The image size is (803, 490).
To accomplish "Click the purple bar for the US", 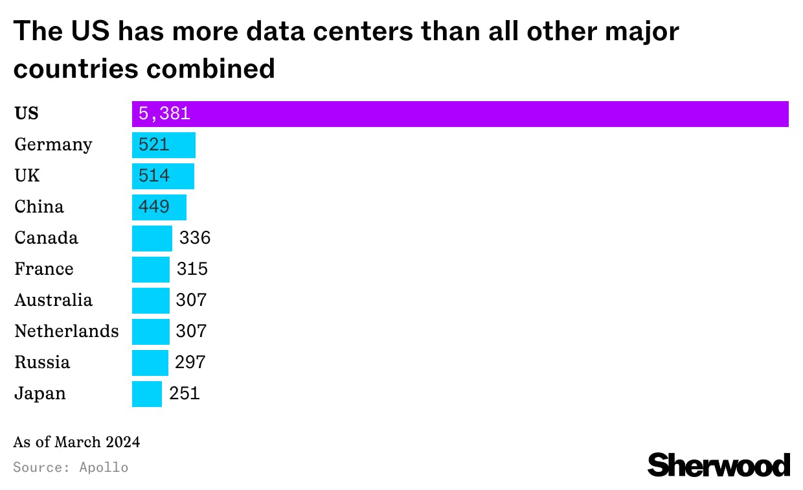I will click(460, 114).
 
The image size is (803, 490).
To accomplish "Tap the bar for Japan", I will click(147, 394).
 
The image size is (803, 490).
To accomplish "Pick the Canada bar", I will click(152, 239).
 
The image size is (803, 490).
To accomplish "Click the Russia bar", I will click(150, 363).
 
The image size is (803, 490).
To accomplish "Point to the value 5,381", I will click(164, 114).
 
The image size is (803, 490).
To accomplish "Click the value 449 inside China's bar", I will click(154, 207).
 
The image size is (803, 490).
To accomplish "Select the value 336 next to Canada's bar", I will click(195, 239).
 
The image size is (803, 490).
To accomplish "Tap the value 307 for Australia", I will click(191, 300).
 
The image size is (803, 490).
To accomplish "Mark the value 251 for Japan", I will click(185, 393).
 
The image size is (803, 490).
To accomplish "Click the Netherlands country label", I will click(67, 331).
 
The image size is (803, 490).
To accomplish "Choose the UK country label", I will click(27, 176).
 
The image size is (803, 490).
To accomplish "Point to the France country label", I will click(44, 269).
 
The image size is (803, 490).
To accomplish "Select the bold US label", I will click(27, 113).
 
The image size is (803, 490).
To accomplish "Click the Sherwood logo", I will click(719, 465).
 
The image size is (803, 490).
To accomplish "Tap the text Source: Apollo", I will click(71, 467).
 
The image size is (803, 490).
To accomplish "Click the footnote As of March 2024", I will click(76, 443).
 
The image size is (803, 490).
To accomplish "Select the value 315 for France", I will click(192, 269).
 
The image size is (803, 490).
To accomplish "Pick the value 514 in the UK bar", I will click(154, 176).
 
